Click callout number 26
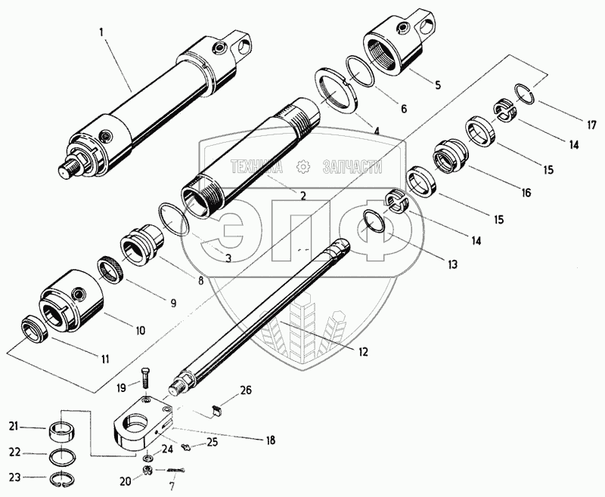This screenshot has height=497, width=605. tap(245, 390)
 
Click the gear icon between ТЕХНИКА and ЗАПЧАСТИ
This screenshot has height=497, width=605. tap(303, 165)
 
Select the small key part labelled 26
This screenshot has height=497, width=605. tap(215, 411)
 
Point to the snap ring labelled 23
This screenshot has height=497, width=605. tap(66, 478)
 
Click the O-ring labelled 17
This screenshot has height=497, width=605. tap(526, 94)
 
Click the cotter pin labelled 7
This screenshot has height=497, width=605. tap(175, 471)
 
